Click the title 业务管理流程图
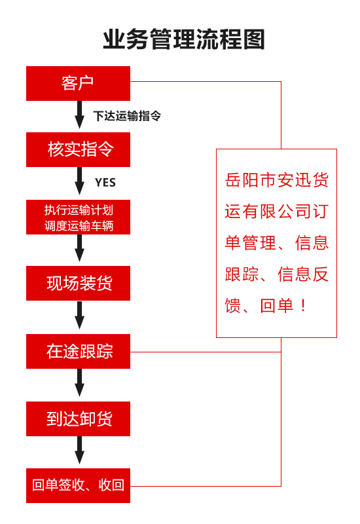point(184,39)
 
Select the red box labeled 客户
point(78,83)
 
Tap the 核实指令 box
point(78,149)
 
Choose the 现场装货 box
point(78,283)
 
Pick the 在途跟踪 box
point(78,351)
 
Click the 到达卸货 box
point(78,419)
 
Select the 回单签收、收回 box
point(78,485)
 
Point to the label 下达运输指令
point(127,117)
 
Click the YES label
point(105,183)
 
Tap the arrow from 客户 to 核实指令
point(79,115)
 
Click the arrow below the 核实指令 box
point(79,183)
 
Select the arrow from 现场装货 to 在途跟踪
point(79,316)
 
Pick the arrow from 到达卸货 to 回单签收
point(79,451)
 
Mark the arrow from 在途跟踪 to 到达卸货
point(79,384)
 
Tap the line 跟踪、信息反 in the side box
point(276,274)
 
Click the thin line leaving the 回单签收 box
point(206,486)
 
